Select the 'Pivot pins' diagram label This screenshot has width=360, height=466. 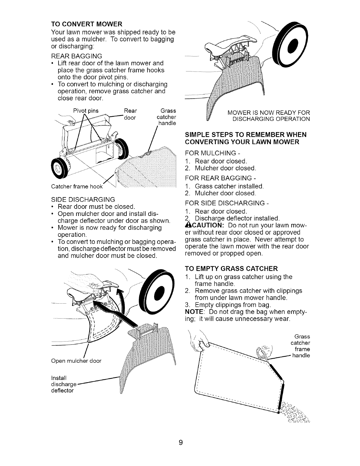[x=86, y=111]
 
